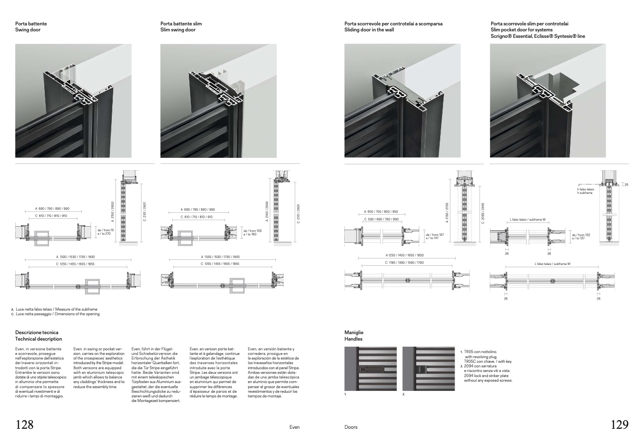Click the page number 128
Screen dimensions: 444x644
coord(24,425)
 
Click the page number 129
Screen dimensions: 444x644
coord(620,425)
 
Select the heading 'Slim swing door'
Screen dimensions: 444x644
coord(178,30)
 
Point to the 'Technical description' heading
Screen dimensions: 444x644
coord(38,339)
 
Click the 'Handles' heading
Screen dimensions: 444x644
coord(353,339)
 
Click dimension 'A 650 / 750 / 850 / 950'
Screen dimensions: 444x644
coord(381,212)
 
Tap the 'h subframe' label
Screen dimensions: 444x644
coord(585,192)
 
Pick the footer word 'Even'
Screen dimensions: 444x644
coord(294,427)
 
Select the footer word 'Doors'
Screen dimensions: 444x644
coord(351,427)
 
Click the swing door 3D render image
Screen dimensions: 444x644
coord(73,101)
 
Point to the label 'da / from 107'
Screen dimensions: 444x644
coord(435,234)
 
